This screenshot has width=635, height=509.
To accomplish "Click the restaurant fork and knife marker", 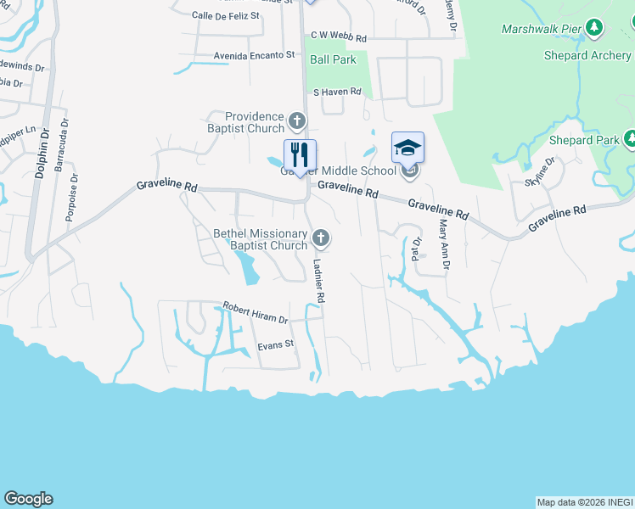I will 299,154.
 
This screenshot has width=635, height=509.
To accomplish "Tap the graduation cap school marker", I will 407,148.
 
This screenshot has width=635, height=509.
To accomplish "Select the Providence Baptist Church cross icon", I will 296,119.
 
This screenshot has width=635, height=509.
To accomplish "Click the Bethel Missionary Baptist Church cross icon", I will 321,236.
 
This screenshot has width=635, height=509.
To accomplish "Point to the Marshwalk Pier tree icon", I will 594,29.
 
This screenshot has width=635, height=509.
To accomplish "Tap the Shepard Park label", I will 585,139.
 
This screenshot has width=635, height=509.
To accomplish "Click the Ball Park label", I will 333,59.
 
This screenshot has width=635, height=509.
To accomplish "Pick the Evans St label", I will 275,344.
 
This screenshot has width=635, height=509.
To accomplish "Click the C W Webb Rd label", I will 338,38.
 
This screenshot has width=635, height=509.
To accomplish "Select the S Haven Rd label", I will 337,92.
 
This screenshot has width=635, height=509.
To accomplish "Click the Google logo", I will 28,499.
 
